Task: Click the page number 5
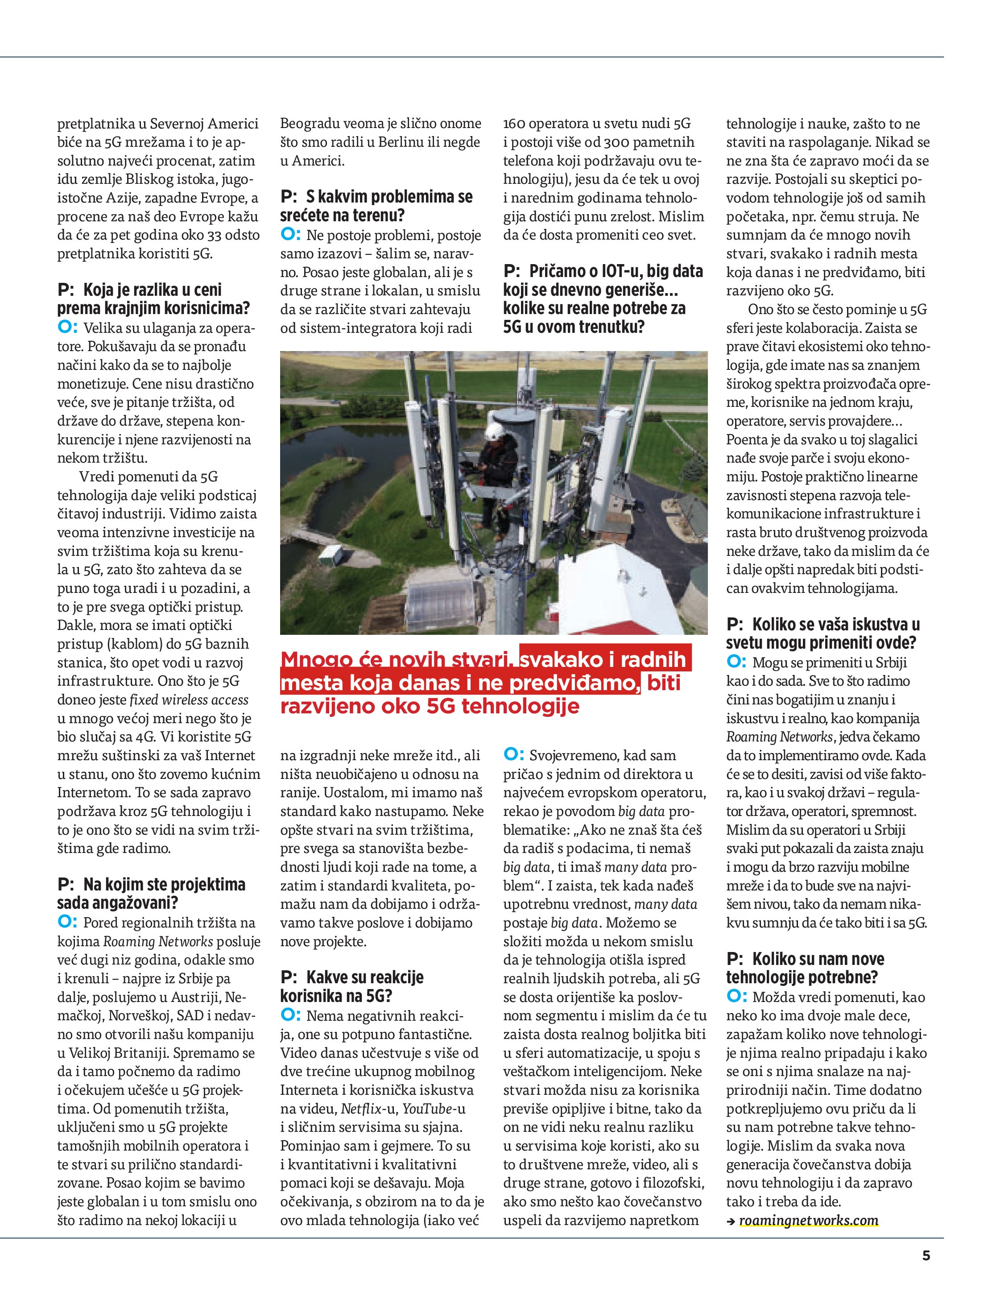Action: [x=926, y=1255]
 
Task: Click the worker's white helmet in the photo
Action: [x=493, y=431]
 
